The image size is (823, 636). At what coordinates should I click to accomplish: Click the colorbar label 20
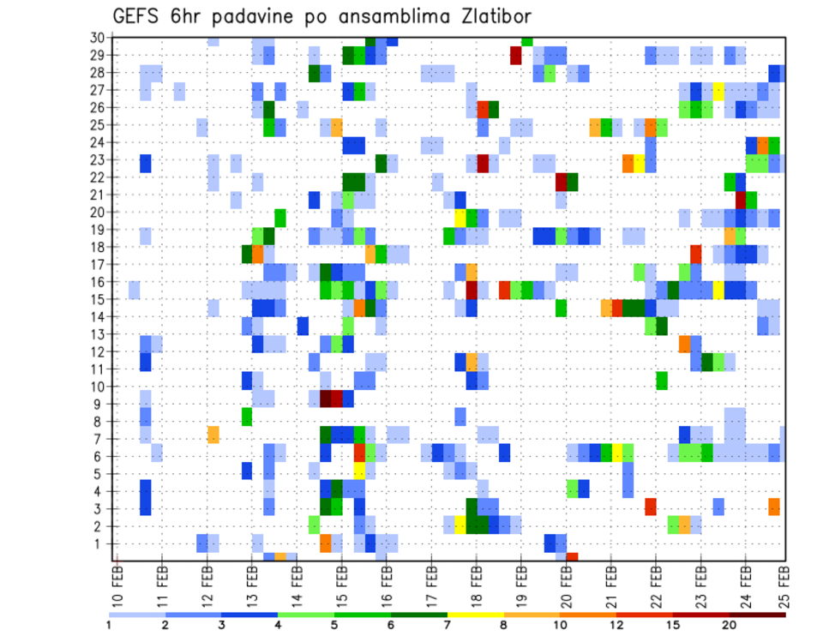tap(729, 624)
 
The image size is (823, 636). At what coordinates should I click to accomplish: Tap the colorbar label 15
tap(672, 624)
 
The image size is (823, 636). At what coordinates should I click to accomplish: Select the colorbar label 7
tap(447, 624)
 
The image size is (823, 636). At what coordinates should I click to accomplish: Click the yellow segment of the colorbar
tap(475, 615)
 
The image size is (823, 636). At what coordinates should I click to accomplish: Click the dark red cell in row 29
tap(516, 56)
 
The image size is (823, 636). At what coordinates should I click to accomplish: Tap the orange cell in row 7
tap(213, 435)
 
